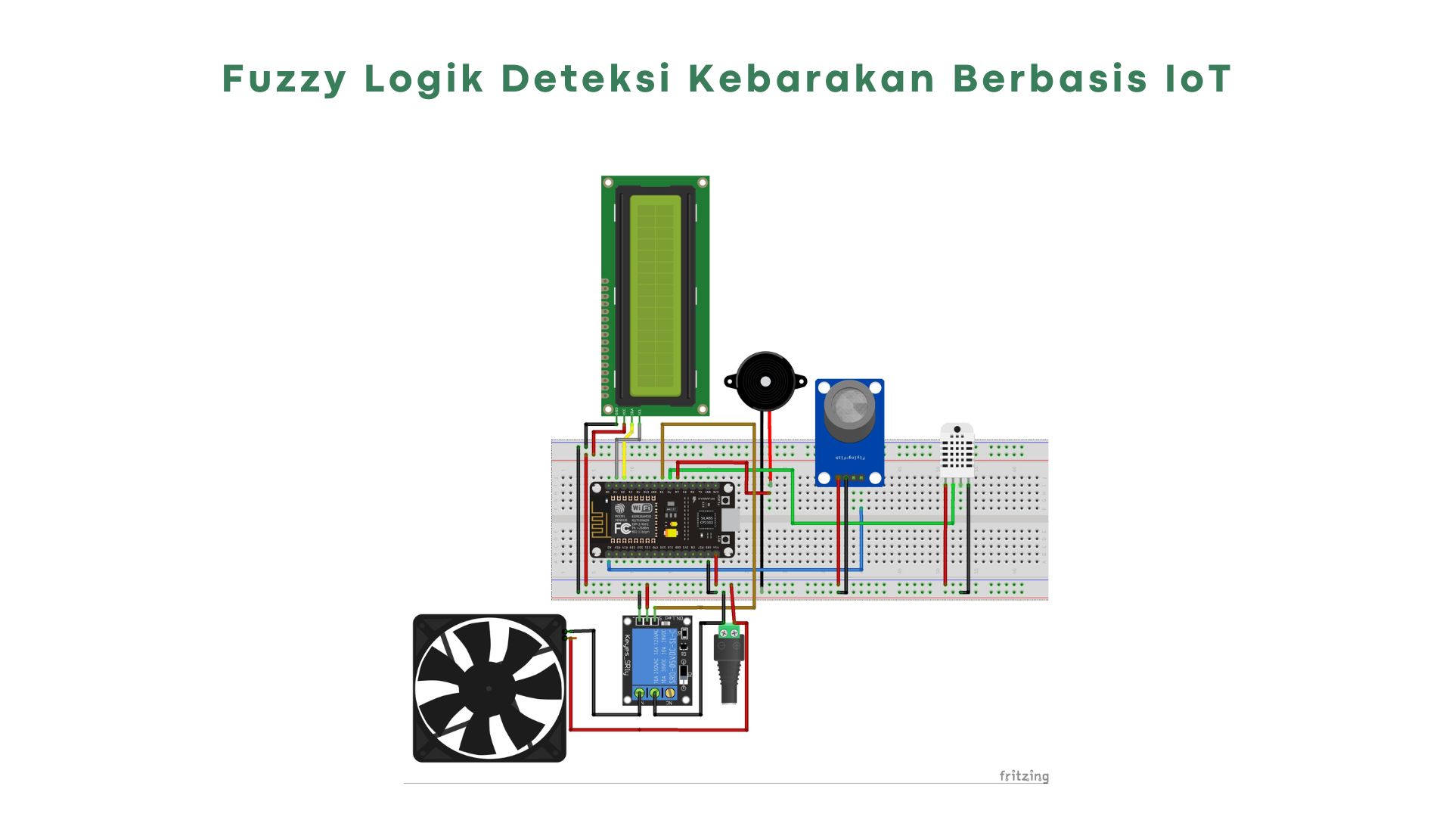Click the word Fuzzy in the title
click(284, 79)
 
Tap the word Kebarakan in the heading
click(811, 79)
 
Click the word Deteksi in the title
click(586, 79)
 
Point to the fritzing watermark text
click(1023, 776)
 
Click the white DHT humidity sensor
click(957, 451)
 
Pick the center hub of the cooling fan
click(489, 688)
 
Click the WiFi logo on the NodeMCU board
click(641, 508)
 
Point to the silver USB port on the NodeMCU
click(729, 520)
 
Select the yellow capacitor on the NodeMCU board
click(670, 532)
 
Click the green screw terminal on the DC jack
click(729, 632)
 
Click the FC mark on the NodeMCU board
click(622, 528)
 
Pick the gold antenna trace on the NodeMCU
click(600, 523)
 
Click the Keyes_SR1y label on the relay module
click(627, 655)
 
